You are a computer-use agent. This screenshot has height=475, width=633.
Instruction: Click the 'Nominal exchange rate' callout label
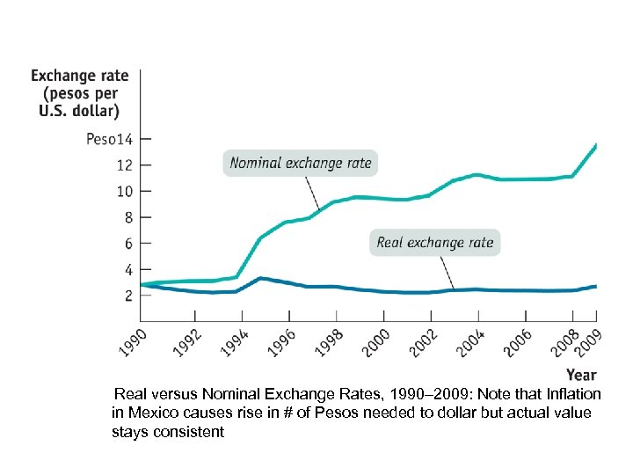coord(300,163)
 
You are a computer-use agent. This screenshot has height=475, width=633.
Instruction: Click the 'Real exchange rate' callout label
coord(434,242)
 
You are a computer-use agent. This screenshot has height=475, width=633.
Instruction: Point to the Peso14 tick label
coord(109,138)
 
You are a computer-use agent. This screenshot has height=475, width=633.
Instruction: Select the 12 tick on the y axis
coord(124,164)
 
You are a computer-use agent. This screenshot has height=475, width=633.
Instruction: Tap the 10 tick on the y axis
coord(124,191)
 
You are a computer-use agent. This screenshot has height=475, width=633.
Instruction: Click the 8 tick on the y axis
coord(127,217)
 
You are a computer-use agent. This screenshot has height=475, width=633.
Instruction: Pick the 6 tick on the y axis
coord(127,243)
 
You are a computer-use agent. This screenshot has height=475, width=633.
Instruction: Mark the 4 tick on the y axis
coord(127,269)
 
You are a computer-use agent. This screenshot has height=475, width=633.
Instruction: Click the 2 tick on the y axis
coord(127,296)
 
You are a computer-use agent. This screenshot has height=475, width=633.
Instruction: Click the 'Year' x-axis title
coord(581,376)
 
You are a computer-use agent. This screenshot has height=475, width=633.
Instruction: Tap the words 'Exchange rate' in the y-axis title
coord(80,77)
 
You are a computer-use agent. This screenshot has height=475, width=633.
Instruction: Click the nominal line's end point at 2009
coord(597,144)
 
